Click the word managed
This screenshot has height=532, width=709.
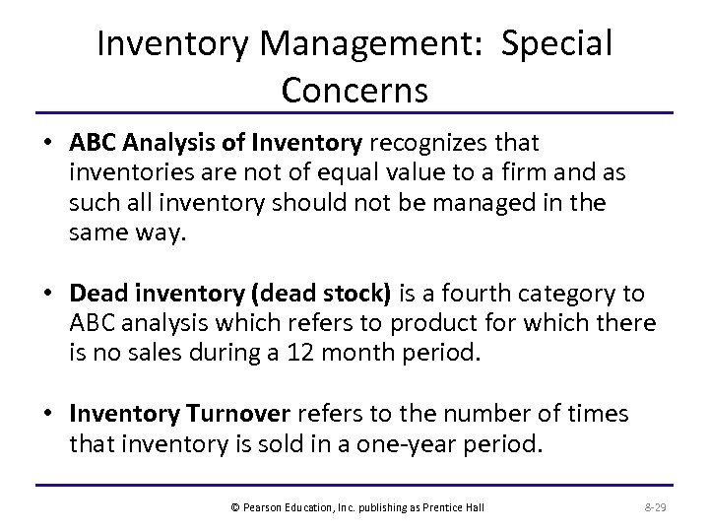coord(520,204)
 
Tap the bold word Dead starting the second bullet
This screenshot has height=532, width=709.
coord(95,295)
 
